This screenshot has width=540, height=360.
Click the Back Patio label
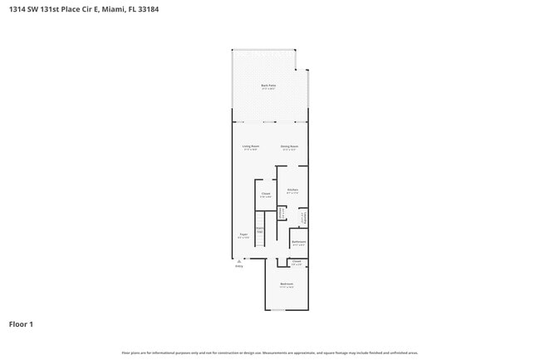268,86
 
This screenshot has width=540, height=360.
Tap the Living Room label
251,146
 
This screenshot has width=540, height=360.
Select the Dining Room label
289,146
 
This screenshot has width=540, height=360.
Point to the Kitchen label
292,190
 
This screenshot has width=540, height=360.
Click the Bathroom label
298,242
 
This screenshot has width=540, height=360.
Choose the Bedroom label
287,284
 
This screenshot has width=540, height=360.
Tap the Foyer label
243,235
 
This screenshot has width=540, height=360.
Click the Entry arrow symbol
238,261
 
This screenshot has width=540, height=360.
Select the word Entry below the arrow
238,266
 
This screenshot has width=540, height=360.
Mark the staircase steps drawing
259,239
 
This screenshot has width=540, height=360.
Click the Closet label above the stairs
265,195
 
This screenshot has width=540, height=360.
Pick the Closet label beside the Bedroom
297,262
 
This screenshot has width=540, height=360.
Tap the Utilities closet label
282,214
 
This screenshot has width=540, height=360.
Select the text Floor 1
21,323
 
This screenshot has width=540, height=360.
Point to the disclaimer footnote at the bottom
270,353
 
